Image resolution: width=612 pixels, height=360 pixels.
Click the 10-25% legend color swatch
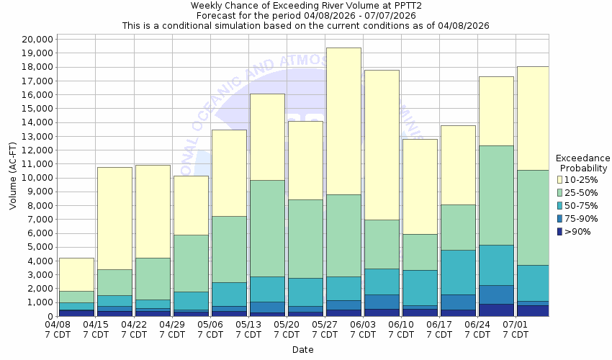pyautogui.click(x=561, y=179)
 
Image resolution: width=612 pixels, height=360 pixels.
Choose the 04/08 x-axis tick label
pyautogui.click(x=58, y=330)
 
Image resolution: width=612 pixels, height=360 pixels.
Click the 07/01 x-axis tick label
pyautogui.click(x=516, y=330)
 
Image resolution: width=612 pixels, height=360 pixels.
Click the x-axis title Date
pyautogui.click(x=303, y=350)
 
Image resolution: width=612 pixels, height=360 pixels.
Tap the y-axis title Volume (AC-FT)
pyautogui.click(x=13, y=177)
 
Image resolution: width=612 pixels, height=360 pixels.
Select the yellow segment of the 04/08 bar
pyautogui.click(x=76, y=274)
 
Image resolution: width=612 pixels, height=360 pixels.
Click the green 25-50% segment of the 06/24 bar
pyautogui.click(x=496, y=195)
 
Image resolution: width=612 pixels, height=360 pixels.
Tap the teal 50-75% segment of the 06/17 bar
pyautogui.click(x=458, y=272)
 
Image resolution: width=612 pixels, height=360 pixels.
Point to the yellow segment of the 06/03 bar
pyautogui.click(x=382, y=145)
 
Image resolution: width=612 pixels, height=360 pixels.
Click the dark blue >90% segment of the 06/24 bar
pyautogui.click(x=496, y=310)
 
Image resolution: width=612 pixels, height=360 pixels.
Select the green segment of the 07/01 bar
pyautogui.click(x=533, y=217)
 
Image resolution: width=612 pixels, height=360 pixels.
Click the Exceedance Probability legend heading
pyautogui.click(x=583, y=163)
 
